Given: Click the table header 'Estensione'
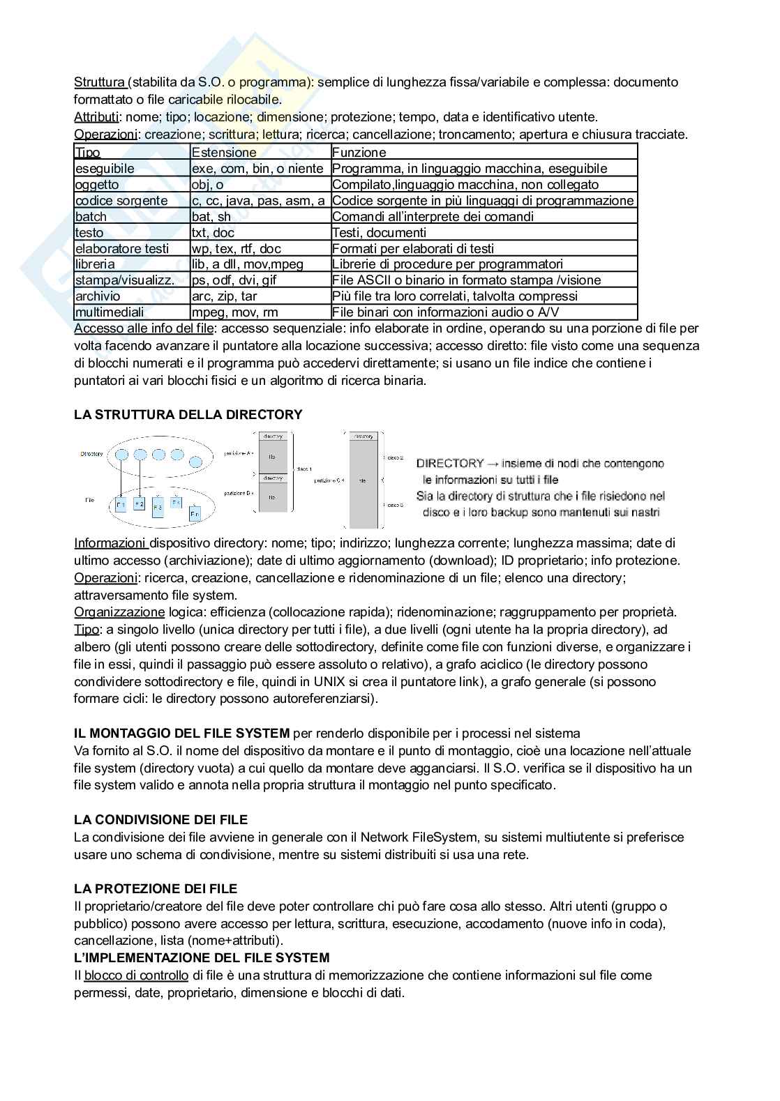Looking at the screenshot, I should (x=224, y=152).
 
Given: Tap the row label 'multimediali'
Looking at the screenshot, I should (x=110, y=312).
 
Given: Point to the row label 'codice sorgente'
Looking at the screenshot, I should (x=121, y=200).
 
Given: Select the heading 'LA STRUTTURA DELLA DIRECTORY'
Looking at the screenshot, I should (x=188, y=415).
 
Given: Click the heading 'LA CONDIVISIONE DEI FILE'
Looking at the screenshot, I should (x=161, y=820).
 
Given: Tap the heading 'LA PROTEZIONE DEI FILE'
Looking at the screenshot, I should (x=156, y=889).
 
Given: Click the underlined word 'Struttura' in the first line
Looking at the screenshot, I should (x=100, y=82).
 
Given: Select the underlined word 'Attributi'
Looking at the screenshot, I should (x=97, y=117).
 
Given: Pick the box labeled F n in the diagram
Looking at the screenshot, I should (x=195, y=515).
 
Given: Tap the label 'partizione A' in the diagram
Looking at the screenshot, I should (x=238, y=453).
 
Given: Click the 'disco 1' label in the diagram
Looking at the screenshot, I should (x=305, y=469).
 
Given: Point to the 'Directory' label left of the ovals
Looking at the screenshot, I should (x=91, y=454).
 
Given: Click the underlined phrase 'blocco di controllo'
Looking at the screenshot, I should (x=136, y=975).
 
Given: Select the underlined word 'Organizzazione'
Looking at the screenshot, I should (x=119, y=612).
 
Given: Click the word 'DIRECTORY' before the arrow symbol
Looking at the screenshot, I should (x=450, y=463).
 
